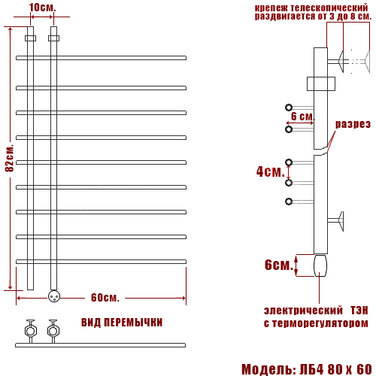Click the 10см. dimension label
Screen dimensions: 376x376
pos(42,8)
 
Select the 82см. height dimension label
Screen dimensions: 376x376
pos(10,158)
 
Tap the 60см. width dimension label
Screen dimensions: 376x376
pos(105,298)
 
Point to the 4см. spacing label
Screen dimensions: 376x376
pos(271,171)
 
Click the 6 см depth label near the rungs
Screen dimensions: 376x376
pos(302,117)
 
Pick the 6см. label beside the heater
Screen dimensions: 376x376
pos(279,265)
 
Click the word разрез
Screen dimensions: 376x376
pos(353,124)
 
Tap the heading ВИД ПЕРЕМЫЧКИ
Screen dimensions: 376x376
pos(122,323)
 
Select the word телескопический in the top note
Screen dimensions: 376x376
pos(329,8)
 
